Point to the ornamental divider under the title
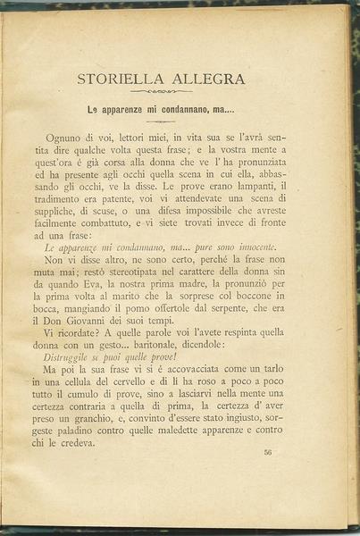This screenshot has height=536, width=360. tap(160, 91)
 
